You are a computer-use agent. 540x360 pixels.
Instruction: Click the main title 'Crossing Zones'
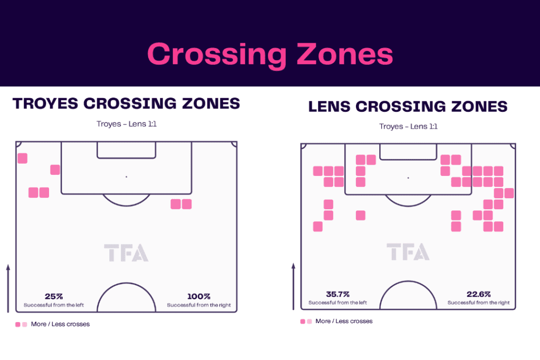[270, 54]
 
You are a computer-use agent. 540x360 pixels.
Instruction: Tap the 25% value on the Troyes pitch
[54, 296]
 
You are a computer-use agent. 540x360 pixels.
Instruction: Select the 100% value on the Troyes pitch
[199, 296]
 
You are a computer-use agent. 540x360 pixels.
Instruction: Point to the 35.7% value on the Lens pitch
[337, 294]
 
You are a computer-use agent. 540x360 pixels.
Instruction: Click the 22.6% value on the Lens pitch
[479, 294]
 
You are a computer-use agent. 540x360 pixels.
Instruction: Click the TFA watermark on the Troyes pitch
[126, 253]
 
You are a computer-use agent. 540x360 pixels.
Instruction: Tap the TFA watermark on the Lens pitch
[408, 251]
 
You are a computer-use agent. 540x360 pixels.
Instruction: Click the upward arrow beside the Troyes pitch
[8, 288]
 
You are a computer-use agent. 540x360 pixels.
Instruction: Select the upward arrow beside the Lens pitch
[293, 286]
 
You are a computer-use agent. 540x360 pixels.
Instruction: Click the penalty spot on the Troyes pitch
[127, 177]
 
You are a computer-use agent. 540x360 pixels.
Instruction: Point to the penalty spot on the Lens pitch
[408, 178]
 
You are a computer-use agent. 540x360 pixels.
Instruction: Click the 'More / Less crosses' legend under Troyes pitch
[53, 324]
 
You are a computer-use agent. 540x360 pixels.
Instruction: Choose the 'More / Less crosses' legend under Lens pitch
[336, 321]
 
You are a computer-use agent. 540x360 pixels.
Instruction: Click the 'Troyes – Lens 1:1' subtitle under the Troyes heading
[127, 124]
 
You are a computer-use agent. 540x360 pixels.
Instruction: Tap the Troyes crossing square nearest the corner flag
[22, 158]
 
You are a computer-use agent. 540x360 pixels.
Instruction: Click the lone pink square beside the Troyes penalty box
[55, 170]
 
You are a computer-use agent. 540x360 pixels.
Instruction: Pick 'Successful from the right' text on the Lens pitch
[478, 303]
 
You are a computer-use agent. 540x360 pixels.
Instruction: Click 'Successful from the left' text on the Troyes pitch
[54, 305]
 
